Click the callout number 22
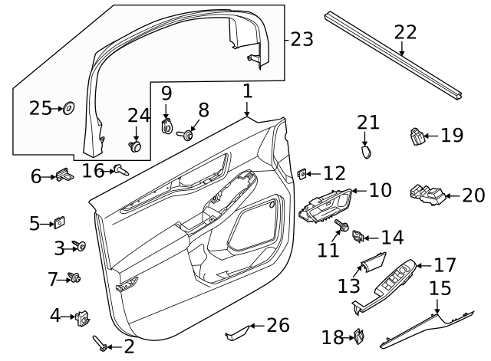[405, 32]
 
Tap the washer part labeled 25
[68, 108]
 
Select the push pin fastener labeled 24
[136, 145]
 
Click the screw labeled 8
[186, 135]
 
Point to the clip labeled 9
[166, 125]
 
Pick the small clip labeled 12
[302, 175]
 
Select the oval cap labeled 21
[367, 151]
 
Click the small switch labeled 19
[417, 137]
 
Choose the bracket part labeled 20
[424, 195]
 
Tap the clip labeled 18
[358, 335]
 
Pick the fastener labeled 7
[76, 277]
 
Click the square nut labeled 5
[58, 223]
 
